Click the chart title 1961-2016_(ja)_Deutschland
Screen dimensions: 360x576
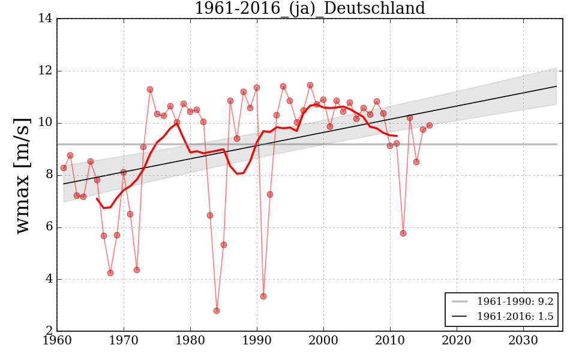(310, 9)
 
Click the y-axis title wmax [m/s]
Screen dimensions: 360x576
(22, 175)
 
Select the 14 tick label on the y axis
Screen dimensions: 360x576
(44, 19)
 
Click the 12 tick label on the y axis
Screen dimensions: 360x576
(44, 71)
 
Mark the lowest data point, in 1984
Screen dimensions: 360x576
(217, 311)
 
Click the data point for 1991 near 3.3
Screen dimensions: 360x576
(263, 296)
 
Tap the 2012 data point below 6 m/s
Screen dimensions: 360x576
(403, 233)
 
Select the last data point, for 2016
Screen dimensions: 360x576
(430, 125)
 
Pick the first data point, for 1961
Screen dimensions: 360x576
(64, 168)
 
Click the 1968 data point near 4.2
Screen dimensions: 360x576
(110, 273)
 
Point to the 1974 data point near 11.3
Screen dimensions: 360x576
(150, 89)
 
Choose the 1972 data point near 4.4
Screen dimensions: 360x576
(137, 270)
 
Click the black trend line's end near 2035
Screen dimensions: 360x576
(556, 86)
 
